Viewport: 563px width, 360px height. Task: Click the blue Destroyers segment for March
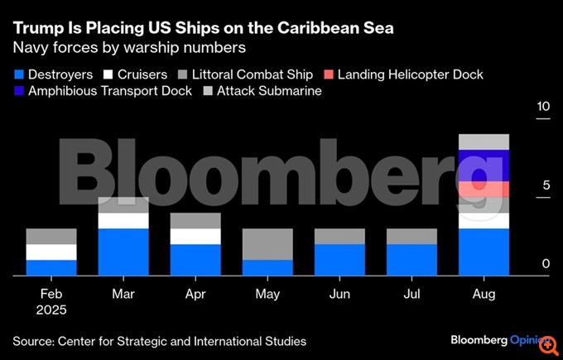(123, 252)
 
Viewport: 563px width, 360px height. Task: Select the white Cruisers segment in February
(51, 252)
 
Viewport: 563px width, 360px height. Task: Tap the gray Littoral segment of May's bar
(267, 244)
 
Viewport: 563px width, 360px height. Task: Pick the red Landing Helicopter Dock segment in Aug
(484, 190)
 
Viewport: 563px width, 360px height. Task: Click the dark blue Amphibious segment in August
(484, 166)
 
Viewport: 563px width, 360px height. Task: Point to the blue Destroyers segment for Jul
(411, 260)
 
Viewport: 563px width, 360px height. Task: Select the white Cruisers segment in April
(195, 237)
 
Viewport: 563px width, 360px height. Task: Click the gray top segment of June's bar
(339, 237)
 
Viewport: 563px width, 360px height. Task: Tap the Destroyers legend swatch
(17, 74)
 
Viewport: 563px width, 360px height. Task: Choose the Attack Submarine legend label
(269, 91)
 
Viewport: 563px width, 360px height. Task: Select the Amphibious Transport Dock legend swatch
(17, 91)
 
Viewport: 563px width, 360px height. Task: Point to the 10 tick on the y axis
(543, 108)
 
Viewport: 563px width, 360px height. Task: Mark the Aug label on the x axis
(484, 294)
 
